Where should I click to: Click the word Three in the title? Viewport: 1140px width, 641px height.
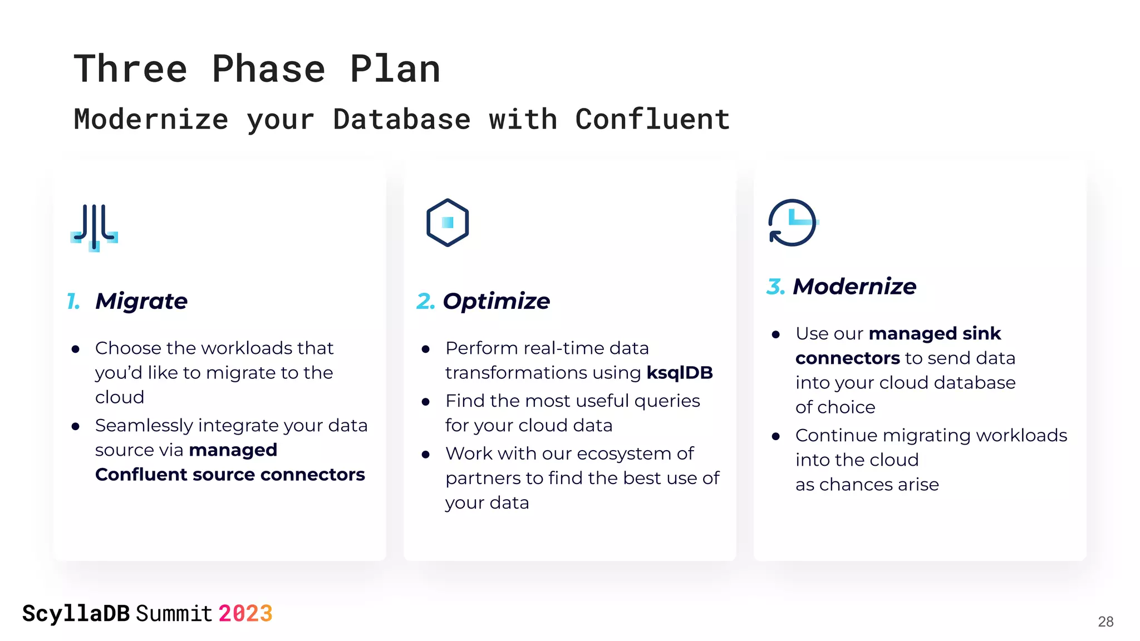click(x=130, y=69)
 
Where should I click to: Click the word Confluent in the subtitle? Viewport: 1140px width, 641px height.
click(x=652, y=119)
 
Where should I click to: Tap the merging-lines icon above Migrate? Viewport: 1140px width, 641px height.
click(x=94, y=227)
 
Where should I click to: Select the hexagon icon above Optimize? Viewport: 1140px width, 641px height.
click(x=448, y=223)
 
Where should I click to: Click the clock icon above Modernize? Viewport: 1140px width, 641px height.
click(x=793, y=223)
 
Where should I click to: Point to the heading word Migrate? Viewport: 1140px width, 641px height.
click(x=141, y=301)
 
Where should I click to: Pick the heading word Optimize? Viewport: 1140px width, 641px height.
click(x=496, y=301)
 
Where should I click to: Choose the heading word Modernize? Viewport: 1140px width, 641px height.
click(x=854, y=287)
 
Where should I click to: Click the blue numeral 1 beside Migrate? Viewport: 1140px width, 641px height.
click(x=73, y=301)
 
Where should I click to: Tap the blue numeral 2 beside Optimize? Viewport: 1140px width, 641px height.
click(x=425, y=301)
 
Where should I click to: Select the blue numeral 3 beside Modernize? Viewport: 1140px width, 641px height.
click(x=775, y=287)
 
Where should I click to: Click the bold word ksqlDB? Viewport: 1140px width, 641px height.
click(x=679, y=372)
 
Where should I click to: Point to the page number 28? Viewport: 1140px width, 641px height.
click(x=1105, y=622)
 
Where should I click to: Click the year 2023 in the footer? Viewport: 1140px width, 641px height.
click(x=245, y=614)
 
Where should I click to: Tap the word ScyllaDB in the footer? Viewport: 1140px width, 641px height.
click(x=76, y=614)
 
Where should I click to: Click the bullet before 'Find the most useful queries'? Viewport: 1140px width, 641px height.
click(x=426, y=402)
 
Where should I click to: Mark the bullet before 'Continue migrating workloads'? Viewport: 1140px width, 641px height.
click(x=776, y=436)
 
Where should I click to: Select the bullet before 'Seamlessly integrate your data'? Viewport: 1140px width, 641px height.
click(x=76, y=427)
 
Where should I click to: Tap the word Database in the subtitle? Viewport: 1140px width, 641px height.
click(x=401, y=119)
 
